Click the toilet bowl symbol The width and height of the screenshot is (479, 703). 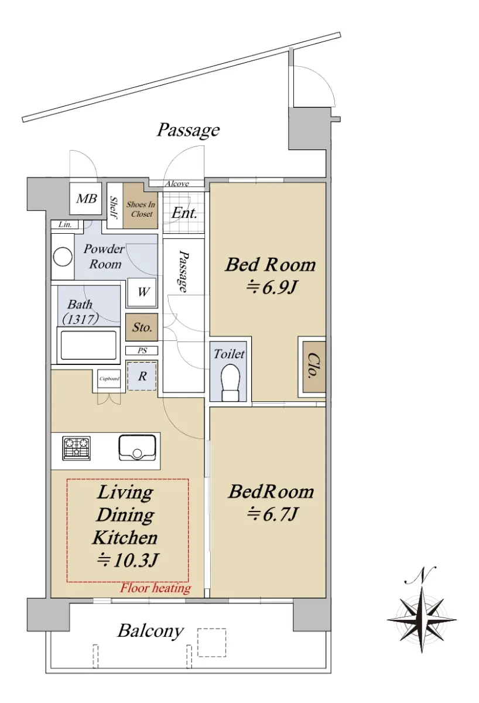(231, 383)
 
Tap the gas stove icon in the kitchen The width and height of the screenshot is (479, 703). (77, 448)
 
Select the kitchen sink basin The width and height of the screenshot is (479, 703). (138, 448)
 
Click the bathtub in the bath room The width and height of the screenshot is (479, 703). (88, 345)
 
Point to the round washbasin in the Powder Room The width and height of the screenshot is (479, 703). (63, 257)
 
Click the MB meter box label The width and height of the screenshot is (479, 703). (87, 199)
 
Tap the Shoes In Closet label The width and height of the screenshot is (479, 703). (141, 209)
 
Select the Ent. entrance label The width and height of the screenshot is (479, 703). (184, 213)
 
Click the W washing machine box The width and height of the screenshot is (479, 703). (142, 292)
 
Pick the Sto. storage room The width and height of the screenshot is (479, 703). (142, 327)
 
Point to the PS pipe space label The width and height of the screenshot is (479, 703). (142, 350)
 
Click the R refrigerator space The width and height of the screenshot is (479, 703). (142, 376)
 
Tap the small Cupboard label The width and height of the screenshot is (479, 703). (109, 378)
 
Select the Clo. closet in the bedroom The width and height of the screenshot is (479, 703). (314, 367)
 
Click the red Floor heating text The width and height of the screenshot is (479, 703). (156, 588)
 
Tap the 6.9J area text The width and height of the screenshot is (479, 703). (272, 288)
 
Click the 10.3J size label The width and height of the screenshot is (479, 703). (128, 560)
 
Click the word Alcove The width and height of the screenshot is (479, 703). (177, 183)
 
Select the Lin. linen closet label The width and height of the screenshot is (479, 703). (65, 225)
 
